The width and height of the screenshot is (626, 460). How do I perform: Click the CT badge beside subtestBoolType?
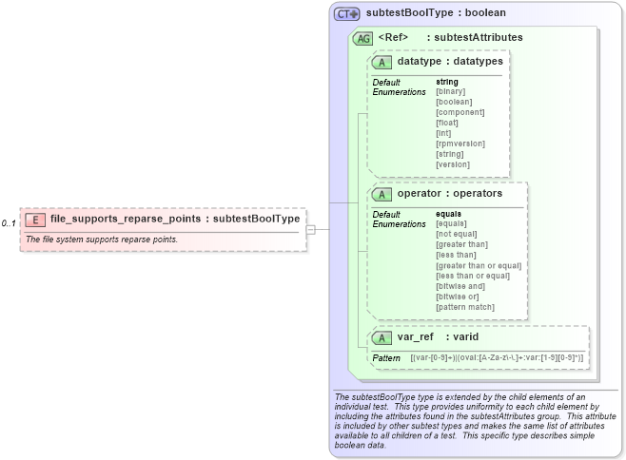click(x=346, y=14)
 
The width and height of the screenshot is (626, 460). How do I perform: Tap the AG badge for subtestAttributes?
click(x=362, y=38)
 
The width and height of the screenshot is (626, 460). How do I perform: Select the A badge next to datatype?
click(x=382, y=62)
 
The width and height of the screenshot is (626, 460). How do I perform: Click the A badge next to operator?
click(x=382, y=194)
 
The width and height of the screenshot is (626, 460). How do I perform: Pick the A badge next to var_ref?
click(x=382, y=337)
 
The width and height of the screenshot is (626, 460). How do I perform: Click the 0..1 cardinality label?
click(x=10, y=224)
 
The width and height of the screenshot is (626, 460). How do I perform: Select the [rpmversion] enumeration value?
click(x=460, y=144)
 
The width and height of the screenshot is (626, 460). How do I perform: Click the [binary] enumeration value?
click(x=451, y=91)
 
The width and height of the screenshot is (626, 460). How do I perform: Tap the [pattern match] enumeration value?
click(x=466, y=307)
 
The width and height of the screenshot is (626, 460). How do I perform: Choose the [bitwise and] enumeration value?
click(x=460, y=286)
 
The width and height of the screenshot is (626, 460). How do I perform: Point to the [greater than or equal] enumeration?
click(x=479, y=265)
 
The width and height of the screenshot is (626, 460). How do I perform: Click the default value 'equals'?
click(x=449, y=214)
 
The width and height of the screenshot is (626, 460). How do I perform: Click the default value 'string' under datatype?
click(x=446, y=82)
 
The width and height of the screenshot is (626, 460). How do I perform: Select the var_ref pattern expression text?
click(x=497, y=358)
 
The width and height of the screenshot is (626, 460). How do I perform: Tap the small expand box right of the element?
click(x=310, y=229)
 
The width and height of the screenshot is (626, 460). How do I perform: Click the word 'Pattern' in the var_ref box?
click(x=386, y=358)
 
